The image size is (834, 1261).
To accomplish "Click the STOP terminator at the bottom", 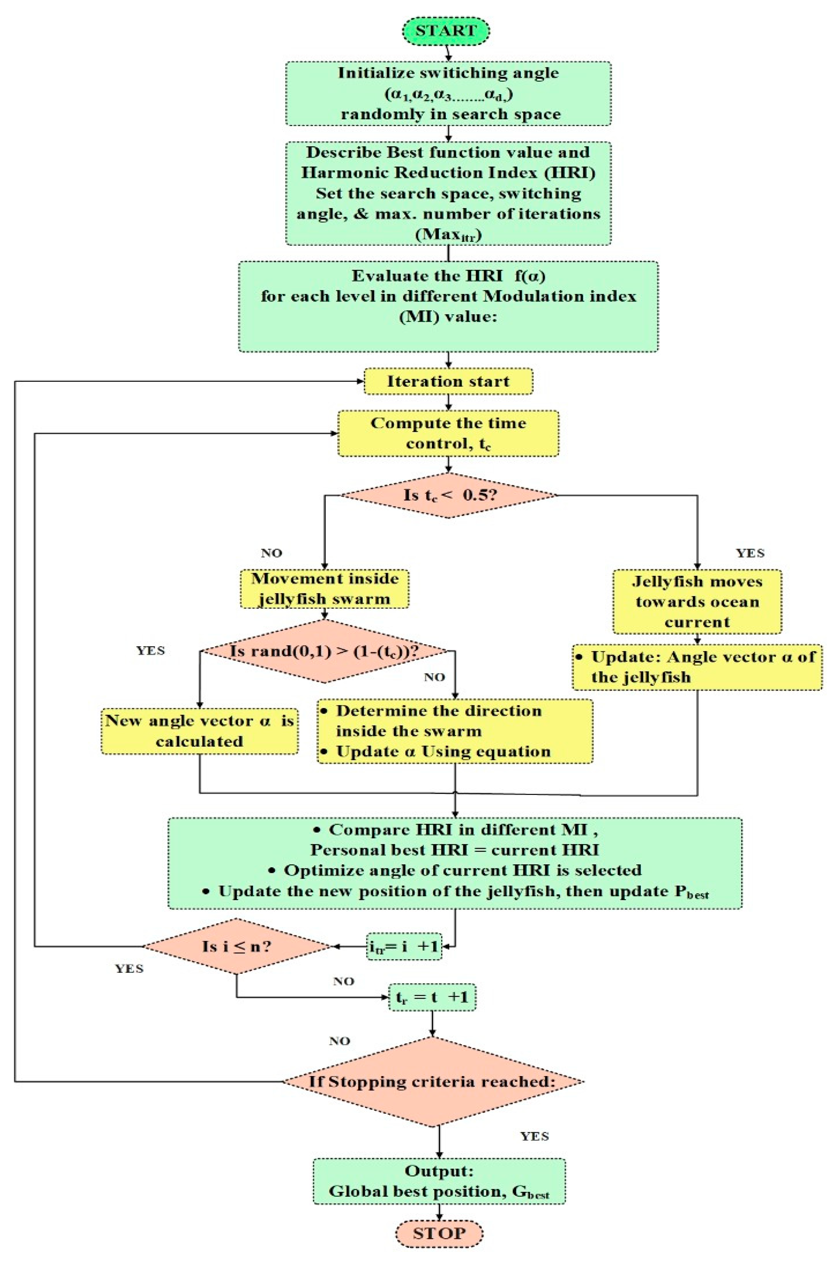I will (x=439, y=1233).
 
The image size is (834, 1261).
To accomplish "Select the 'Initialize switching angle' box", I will (x=448, y=94).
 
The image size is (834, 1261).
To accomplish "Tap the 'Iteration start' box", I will (x=448, y=381).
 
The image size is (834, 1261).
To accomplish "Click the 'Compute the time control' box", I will (x=448, y=433).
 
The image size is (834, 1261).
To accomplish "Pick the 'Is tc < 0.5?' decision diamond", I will (x=448, y=495).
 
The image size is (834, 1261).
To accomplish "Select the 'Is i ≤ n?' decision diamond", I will (x=237, y=946).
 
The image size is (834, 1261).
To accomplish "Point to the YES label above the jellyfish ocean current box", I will (x=750, y=553).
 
